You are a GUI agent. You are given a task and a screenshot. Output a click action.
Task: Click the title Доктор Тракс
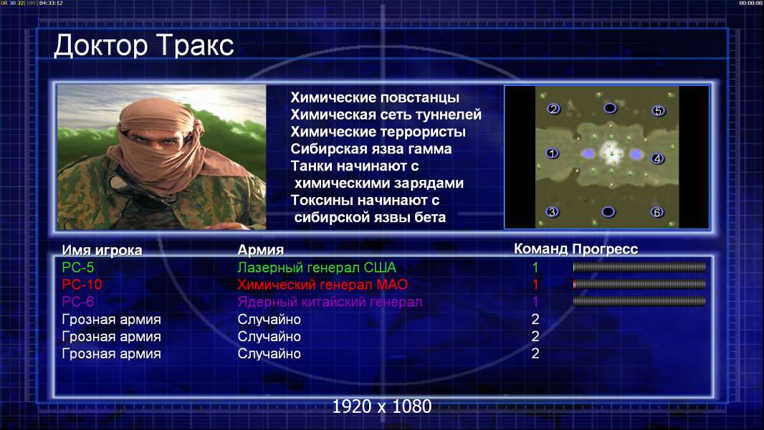(x=144, y=45)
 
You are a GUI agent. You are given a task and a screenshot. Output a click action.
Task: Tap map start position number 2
(x=553, y=109)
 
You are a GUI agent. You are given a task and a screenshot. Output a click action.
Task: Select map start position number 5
(x=658, y=111)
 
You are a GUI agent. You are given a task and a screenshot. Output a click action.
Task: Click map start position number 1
(x=552, y=153)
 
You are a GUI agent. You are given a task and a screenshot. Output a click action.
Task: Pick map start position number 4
(x=657, y=159)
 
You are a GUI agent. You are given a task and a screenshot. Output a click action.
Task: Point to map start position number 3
(x=552, y=212)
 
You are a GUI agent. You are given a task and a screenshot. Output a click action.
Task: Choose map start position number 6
(x=657, y=212)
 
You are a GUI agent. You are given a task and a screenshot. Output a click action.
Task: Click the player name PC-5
(x=78, y=267)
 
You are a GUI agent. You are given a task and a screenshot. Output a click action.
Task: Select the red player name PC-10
(x=82, y=285)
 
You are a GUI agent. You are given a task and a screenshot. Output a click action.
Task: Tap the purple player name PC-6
(x=78, y=302)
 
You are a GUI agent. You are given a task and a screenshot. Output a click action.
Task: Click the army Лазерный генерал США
(x=317, y=267)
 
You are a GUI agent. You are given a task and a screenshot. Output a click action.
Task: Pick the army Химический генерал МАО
(x=323, y=285)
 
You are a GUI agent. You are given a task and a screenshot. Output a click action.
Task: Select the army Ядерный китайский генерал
(x=330, y=302)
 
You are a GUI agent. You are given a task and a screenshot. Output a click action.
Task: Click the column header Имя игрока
(x=102, y=250)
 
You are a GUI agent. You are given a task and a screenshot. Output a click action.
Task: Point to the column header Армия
(x=260, y=250)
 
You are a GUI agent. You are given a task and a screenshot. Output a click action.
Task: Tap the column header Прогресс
(x=605, y=249)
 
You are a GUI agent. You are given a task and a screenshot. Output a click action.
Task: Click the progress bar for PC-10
(x=639, y=285)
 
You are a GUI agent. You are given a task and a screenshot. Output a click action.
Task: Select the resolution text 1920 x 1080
(x=382, y=406)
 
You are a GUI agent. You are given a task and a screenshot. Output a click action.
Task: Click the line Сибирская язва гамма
(x=371, y=149)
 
